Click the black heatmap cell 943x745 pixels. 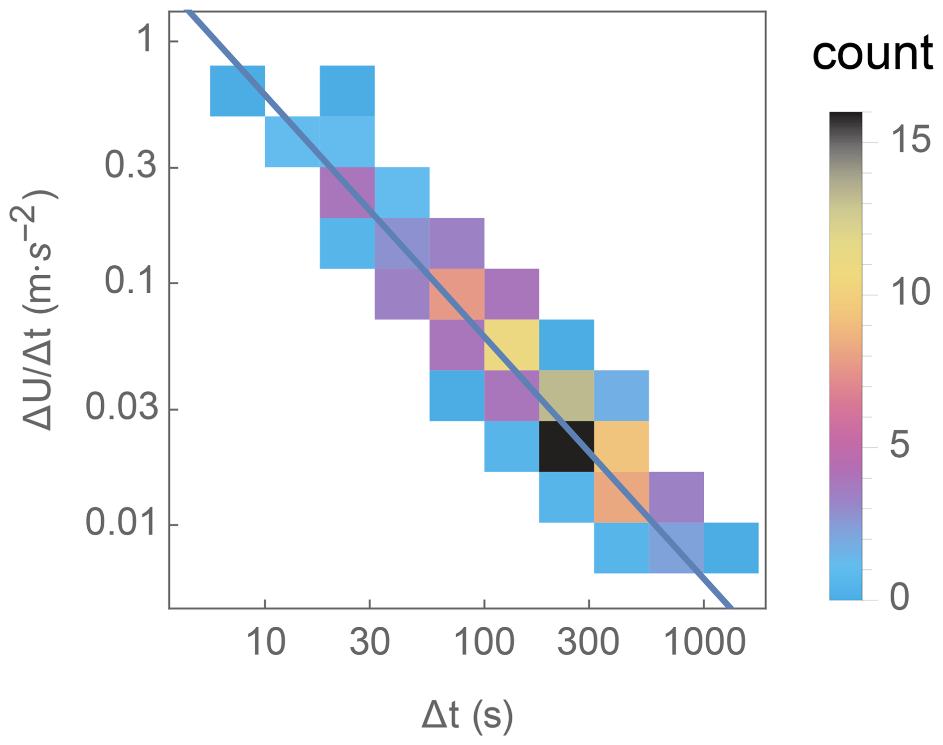point(567,446)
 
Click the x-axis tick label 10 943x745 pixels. point(266,642)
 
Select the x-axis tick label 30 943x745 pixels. point(369,642)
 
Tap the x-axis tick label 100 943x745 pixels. point(484,642)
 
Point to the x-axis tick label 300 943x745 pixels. point(588,642)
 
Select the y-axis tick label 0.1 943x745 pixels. point(131,281)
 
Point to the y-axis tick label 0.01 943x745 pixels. point(122,523)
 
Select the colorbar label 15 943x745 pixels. point(910,139)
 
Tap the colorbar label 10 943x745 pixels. point(910,292)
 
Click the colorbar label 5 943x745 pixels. point(900,445)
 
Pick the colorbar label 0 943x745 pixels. point(900,596)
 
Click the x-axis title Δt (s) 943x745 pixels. point(467,716)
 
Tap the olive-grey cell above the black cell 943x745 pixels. point(567,395)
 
